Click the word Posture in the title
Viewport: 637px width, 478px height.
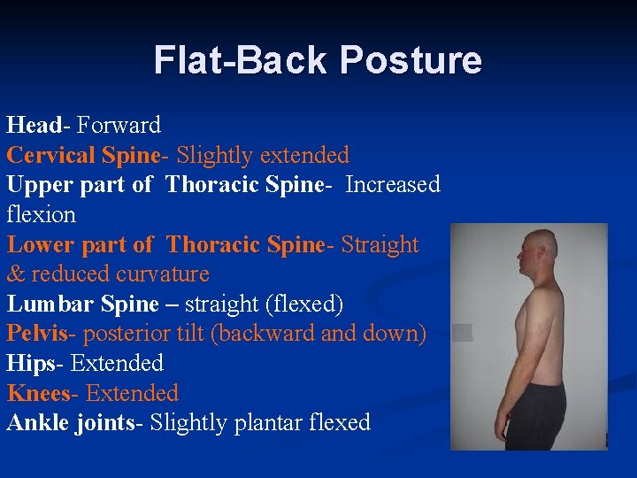[x=411, y=60]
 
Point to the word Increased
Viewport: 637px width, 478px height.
[x=393, y=184]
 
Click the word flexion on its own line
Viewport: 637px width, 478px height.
[x=42, y=214]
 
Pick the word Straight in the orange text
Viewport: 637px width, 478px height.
[x=380, y=244]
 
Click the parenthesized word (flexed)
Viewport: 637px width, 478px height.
[x=303, y=304]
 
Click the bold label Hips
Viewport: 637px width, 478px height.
[x=33, y=363]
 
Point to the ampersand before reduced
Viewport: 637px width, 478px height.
[x=17, y=274]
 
